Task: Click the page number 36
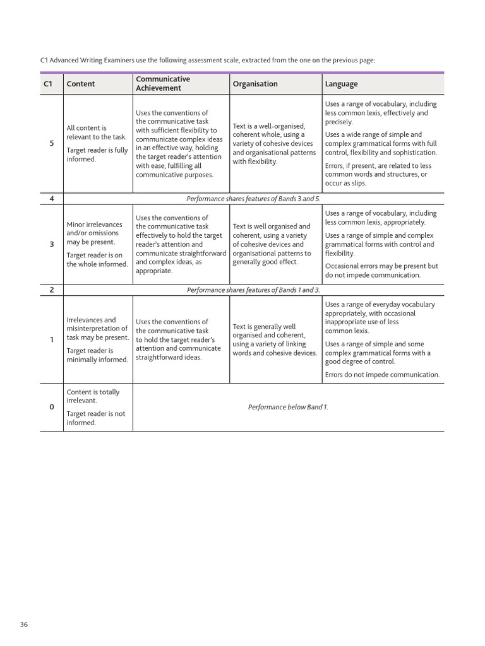point(24,625)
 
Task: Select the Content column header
point(81,84)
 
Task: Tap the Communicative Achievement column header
point(163,84)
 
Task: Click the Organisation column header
point(255,84)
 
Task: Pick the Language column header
point(341,84)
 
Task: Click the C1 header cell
point(48,84)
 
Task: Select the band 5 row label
point(52,143)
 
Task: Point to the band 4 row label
point(52,199)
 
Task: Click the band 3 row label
point(52,244)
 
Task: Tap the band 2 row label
point(52,290)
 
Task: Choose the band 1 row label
point(52,339)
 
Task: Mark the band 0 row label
point(52,407)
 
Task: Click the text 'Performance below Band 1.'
point(288,407)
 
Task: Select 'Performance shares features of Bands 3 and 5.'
point(254,199)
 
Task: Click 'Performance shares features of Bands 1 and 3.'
point(254,290)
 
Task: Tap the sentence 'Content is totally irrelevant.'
point(93,396)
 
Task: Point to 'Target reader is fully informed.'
point(97,155)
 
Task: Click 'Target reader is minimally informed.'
point(97,355)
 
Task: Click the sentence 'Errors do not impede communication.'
point(382,375)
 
